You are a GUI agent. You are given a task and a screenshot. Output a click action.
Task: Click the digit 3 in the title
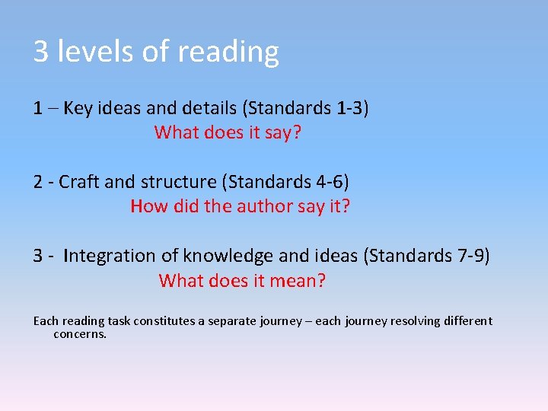coord(41,52)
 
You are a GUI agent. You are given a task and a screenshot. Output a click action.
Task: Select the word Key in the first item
coord(78,108)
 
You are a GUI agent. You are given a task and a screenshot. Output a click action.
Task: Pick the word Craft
coord(78,182)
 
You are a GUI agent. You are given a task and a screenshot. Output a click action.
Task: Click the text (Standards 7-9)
coord(428,256)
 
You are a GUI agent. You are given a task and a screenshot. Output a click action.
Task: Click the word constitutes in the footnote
coord(165,321)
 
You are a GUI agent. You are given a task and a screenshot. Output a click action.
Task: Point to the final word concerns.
coord(80,334)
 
